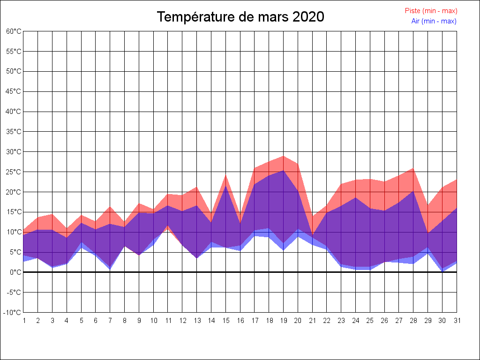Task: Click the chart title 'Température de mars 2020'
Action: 240,17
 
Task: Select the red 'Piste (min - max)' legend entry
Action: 431,11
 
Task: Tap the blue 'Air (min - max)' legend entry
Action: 434,21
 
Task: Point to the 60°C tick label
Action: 14,31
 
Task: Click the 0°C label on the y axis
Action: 15,272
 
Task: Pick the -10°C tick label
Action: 13,312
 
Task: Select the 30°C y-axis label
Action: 14,152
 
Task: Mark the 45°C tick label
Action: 14,91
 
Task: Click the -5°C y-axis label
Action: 14,292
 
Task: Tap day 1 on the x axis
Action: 23,321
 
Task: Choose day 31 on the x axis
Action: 457,321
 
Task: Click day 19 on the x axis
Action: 283,321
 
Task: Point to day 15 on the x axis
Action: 225,321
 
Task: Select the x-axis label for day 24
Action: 355,321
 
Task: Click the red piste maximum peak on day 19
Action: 283,156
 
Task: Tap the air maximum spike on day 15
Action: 225,186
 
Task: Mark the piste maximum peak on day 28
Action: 413,168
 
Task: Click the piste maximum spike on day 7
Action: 110,207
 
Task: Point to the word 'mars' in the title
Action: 273,17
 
